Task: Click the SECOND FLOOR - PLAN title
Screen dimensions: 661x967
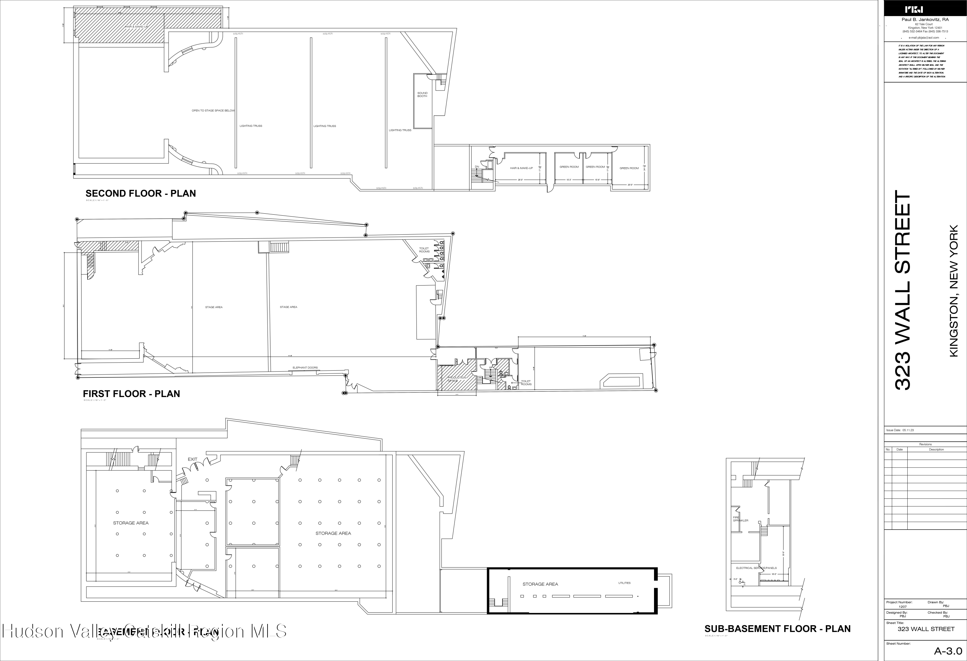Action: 141,193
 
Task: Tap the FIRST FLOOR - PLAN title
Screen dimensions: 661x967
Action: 132,394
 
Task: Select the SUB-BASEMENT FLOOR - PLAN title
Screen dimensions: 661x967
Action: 777,628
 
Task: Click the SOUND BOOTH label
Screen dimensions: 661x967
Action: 422,95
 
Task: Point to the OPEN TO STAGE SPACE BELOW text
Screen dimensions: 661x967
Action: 213,111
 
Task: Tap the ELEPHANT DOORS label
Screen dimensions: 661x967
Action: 305,368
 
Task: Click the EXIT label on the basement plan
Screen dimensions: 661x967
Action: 192,459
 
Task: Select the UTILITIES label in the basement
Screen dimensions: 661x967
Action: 624,583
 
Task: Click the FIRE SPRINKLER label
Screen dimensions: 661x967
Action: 740,519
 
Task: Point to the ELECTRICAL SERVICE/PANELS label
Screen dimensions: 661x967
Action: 756,568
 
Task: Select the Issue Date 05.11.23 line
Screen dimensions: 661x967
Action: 900,430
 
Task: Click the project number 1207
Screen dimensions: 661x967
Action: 903,607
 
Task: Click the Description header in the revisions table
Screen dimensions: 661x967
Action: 936,449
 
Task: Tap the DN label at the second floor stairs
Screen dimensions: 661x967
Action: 477,167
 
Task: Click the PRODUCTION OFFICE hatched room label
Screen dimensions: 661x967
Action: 456,379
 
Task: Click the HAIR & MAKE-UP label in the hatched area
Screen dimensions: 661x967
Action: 136,27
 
